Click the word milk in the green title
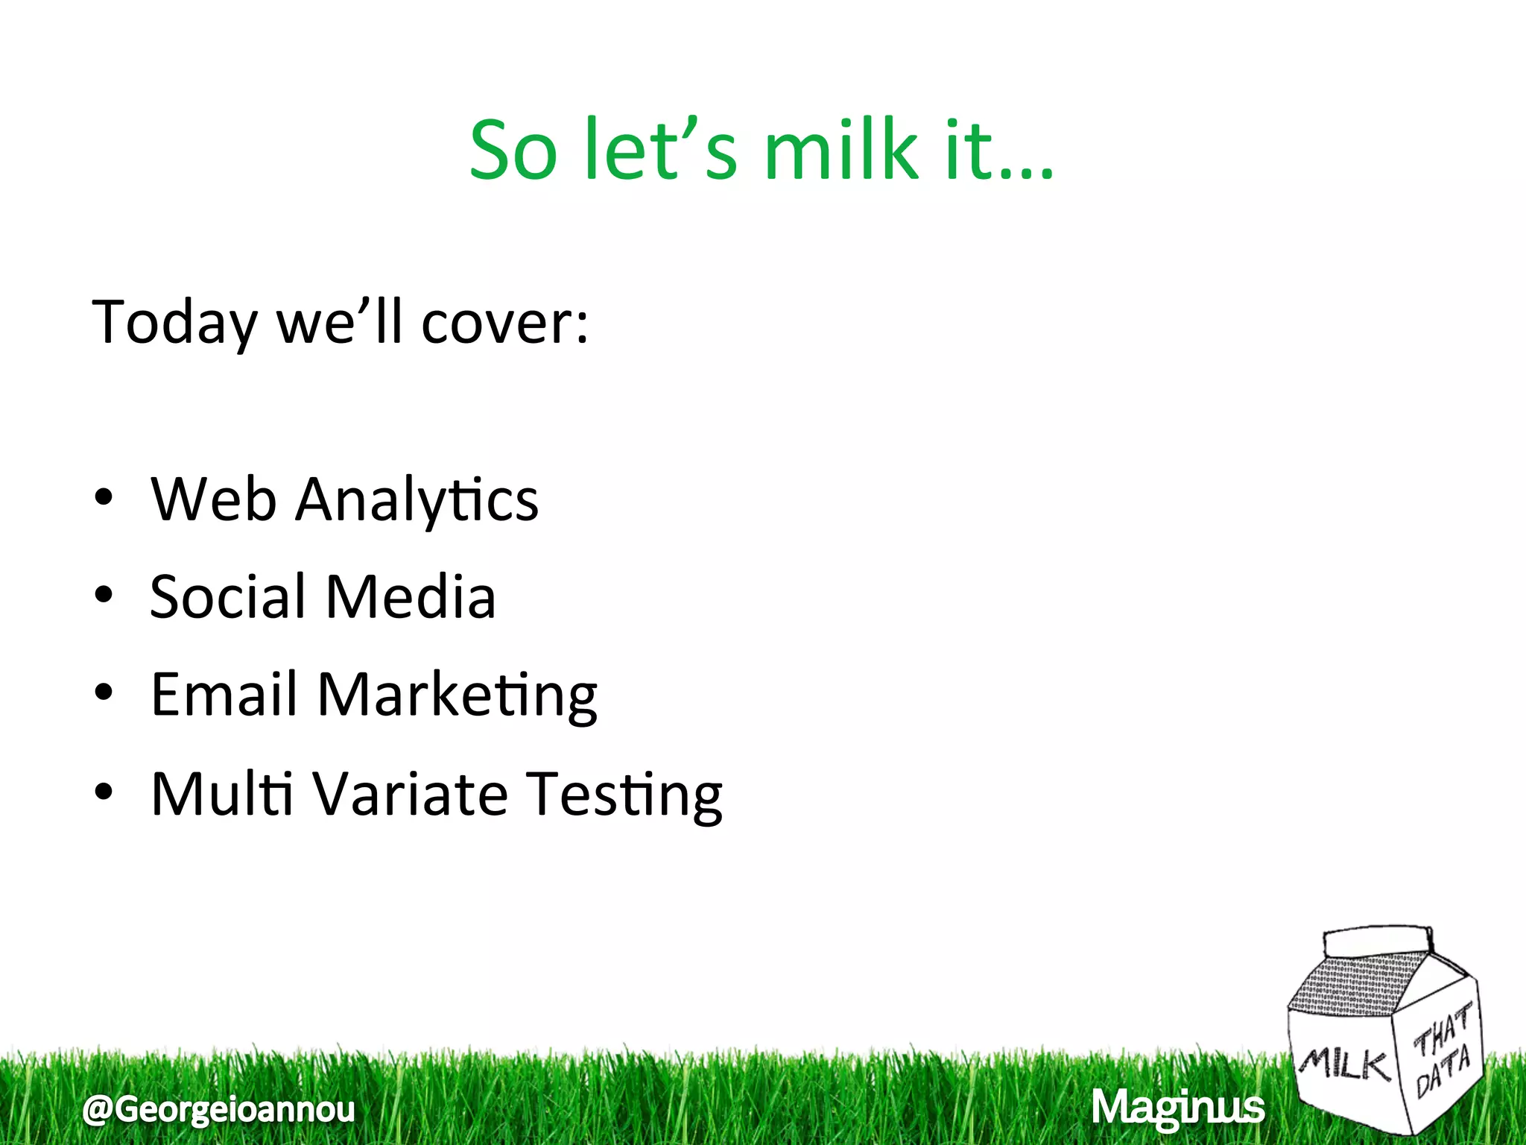[841, 151]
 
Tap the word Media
[411, 597]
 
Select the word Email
[224, 695]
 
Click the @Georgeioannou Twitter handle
[219, 1109]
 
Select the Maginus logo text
[1177, 1108]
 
